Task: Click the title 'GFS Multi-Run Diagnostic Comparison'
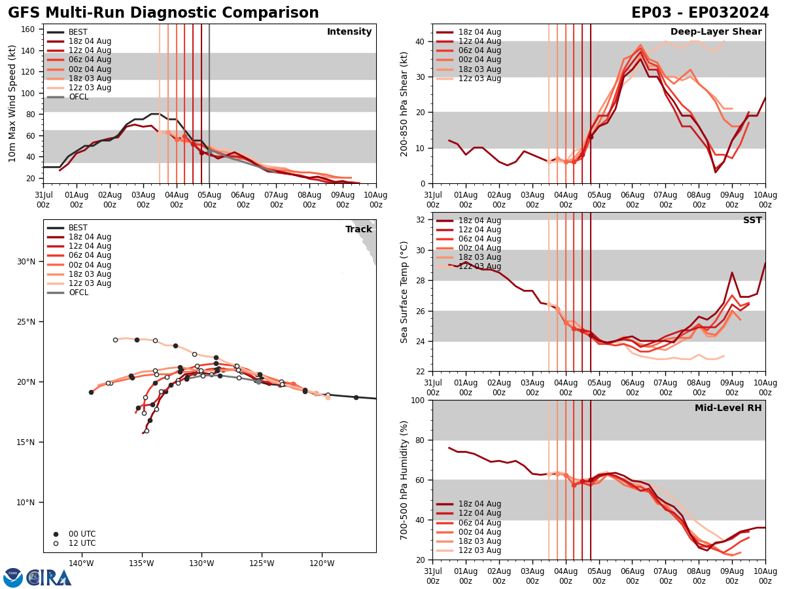tap(164, 13)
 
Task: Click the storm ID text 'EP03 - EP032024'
tap(700, 13)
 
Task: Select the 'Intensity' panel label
tap(349, 32)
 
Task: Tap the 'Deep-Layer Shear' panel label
tap(716, 32)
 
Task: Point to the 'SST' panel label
tap(752, 221)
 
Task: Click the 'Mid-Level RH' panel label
tap(728, 408)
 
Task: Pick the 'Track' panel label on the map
tap(358, 230)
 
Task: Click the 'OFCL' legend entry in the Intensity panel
tap(78, 97)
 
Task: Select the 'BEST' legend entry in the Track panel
tap(78, 228)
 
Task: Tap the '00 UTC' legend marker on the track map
tap(56, 534)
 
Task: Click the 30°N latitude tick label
tap(26, 262)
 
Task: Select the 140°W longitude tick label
tap(80, 563)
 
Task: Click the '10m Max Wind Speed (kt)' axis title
tap(13, 103)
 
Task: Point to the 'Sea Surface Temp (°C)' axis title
tap(404, 292)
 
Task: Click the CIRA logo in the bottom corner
tap(37, 578)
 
